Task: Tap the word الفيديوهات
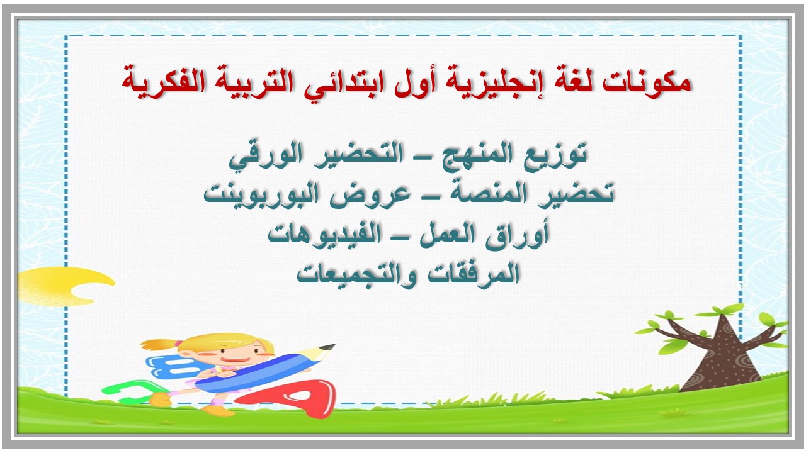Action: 327,234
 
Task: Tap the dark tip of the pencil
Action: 328,348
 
